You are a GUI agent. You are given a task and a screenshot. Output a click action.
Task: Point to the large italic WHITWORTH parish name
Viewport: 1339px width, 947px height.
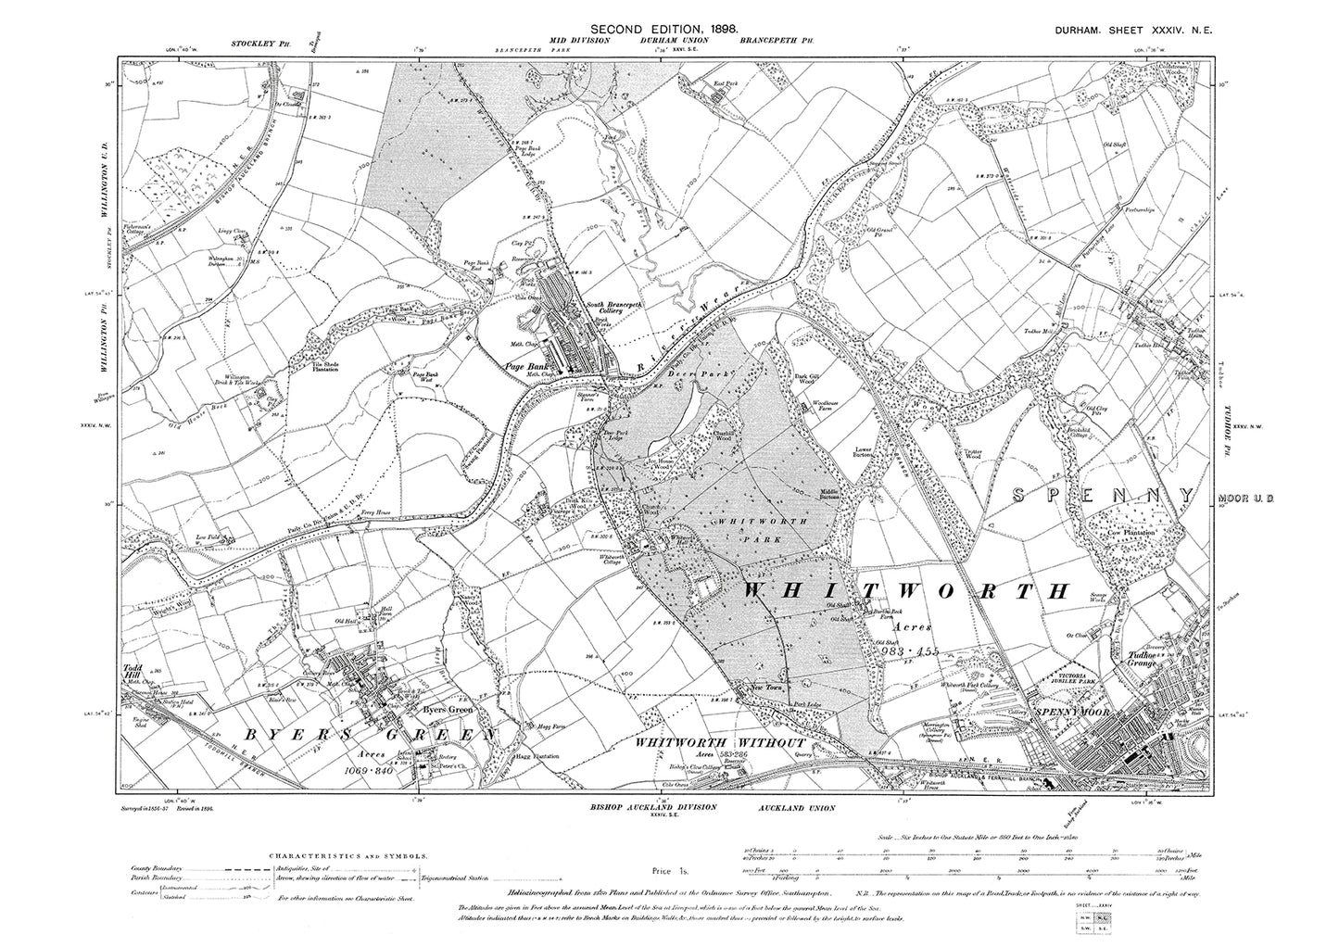908,590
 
